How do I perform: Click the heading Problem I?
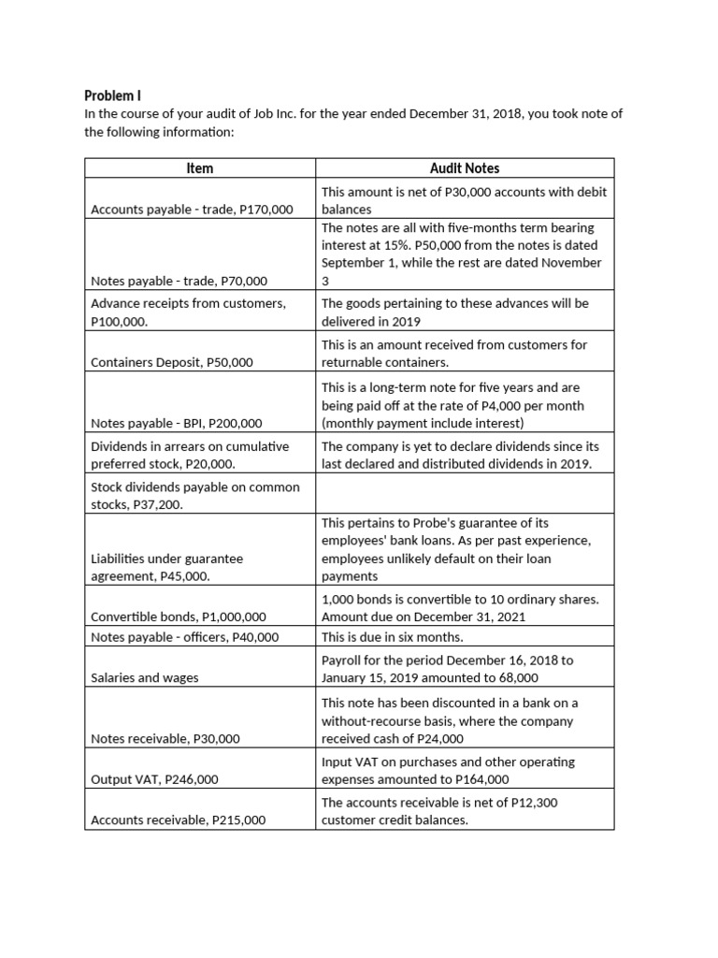click(112, 95)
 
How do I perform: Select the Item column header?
click(199, 168)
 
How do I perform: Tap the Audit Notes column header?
click(464, 168)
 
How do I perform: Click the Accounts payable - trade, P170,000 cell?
click(191, 210)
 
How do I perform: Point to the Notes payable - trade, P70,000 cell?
click(179, 281)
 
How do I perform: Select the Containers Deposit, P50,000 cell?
click(171, 362)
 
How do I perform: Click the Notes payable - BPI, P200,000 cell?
click(176, 423)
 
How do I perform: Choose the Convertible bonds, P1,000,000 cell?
click(178, 617)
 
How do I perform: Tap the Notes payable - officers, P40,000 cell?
click(184, 637)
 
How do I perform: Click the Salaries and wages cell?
click(144, 677)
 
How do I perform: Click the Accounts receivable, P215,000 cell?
click(178, 820)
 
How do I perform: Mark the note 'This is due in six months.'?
click(392, 637)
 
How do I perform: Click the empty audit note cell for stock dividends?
click(464, 492)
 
